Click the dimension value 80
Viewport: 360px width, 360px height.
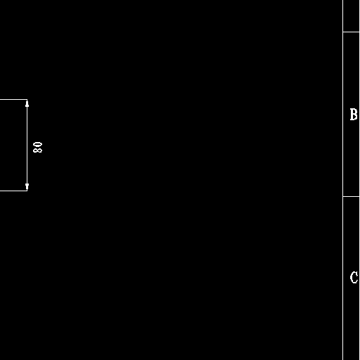38,147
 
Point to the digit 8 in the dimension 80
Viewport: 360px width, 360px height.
38,150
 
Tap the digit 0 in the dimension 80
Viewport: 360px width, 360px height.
38,144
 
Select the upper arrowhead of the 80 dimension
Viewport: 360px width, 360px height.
27,103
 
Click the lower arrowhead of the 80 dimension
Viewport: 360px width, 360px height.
27,187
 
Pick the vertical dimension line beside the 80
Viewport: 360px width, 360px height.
27,145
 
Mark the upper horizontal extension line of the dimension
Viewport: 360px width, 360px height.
13,100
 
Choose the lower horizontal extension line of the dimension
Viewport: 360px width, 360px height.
13,191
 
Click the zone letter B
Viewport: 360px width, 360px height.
354,115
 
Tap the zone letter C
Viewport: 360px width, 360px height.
354,278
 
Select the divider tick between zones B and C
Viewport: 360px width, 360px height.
352,196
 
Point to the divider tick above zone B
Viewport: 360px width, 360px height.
352,32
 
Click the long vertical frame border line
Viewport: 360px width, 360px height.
343,180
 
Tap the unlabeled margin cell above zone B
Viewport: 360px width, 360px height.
352,15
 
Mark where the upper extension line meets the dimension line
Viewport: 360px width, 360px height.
27,100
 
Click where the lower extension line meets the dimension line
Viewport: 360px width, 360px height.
27,191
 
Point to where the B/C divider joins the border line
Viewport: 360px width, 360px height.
343,196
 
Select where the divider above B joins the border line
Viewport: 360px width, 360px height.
343,32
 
